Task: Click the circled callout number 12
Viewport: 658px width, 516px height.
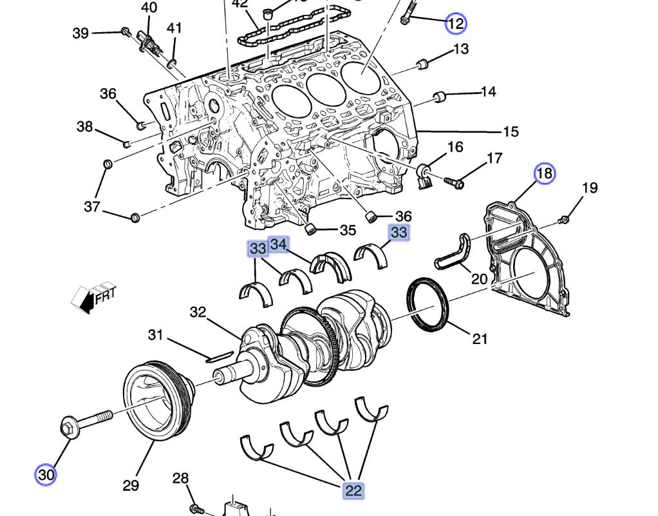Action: click(x=456, y=24)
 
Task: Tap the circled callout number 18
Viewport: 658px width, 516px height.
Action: click(x=545, y=173)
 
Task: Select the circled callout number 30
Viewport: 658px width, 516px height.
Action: click(x=46, y=475)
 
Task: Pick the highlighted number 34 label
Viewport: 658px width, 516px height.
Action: click(x=279, y=244)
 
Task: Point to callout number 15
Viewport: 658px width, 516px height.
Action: click(x=511, y=132)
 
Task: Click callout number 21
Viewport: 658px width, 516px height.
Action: click(x=480, y=338)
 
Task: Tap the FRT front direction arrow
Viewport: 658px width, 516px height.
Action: click(x=94, y=298)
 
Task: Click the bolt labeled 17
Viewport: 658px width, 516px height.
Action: click(x=455, y=184)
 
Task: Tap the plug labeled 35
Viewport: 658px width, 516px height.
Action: click(x=311, y=229)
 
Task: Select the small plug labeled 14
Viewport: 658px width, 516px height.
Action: click(x=440, y=97)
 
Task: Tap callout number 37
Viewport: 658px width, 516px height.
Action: click(x=93, y=207)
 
